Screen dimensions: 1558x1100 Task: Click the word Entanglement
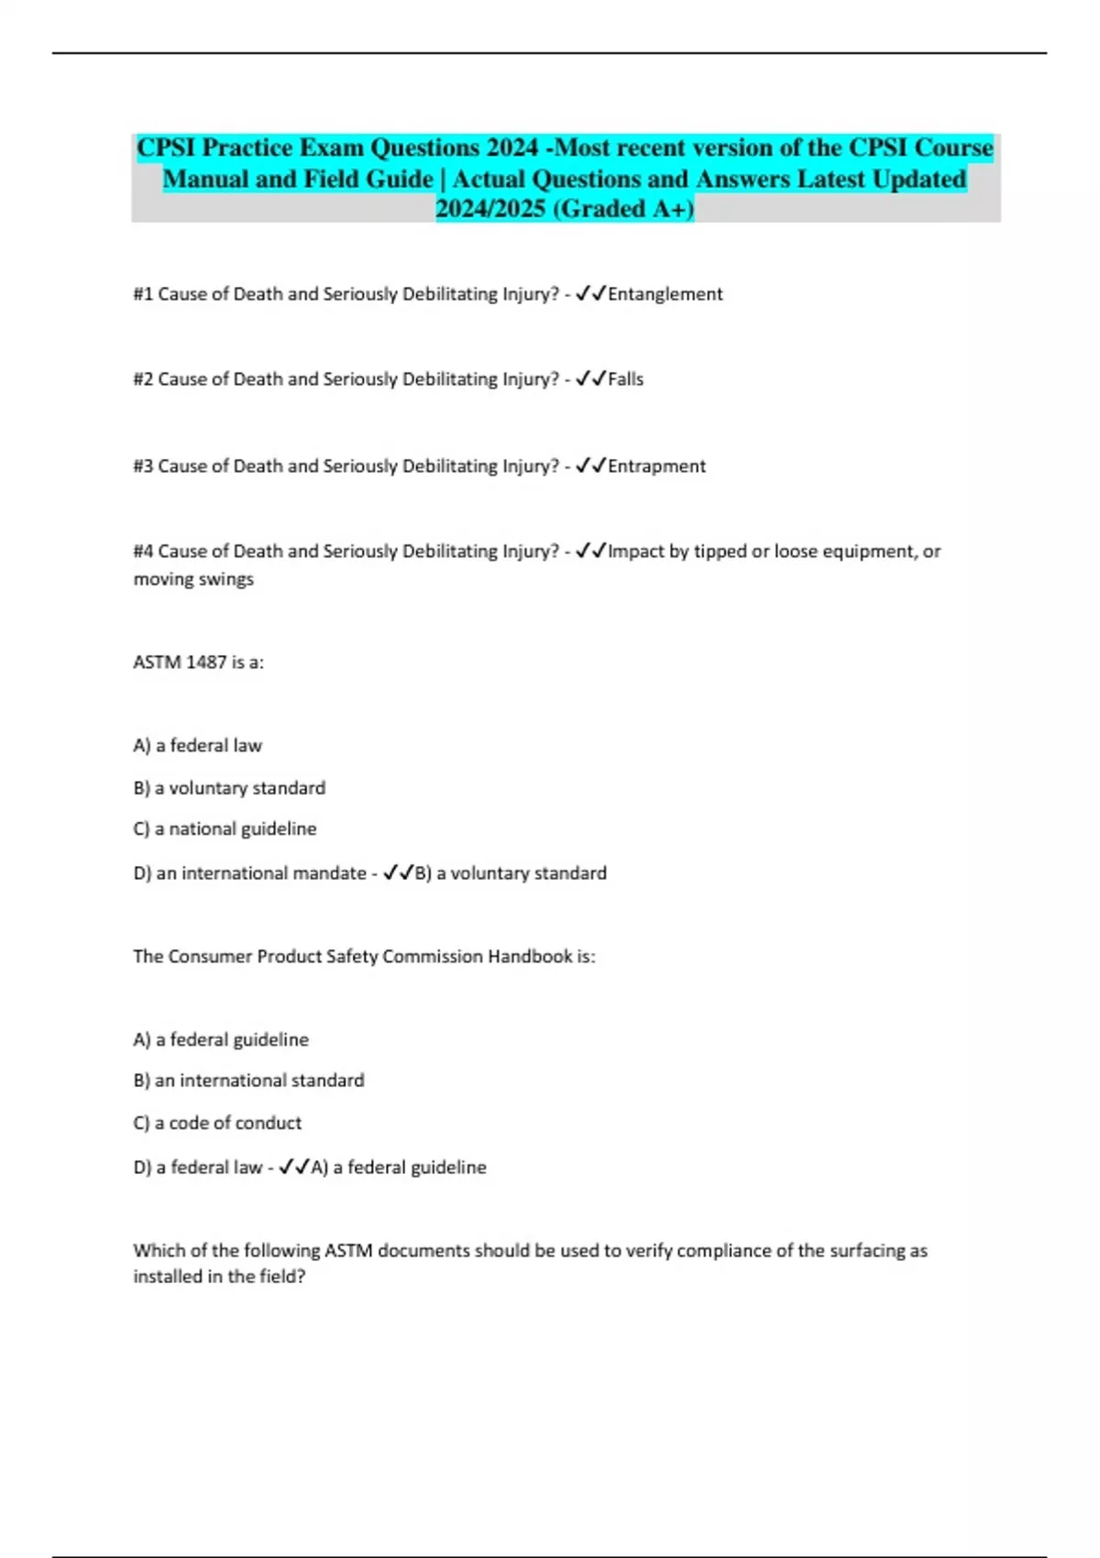(665, 294)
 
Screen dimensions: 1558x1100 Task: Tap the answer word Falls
(626, 379)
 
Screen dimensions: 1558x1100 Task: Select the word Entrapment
(657, 466)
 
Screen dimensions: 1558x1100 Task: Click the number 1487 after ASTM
(205, 663)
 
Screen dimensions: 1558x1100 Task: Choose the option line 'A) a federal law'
(197, 746)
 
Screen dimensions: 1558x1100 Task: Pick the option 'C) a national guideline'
(225, 829)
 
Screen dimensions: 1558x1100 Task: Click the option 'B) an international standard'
(248, 1081)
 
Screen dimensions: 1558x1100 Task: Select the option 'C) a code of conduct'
(217, 1123)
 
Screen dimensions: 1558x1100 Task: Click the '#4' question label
(143, 552)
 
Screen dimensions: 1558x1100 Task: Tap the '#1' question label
(143, 294)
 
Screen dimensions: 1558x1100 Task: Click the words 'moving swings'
(193, 579)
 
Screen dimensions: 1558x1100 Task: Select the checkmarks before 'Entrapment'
(590, 466)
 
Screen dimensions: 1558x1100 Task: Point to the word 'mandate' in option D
(335, 873)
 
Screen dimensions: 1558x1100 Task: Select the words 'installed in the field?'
(219, 1277)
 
